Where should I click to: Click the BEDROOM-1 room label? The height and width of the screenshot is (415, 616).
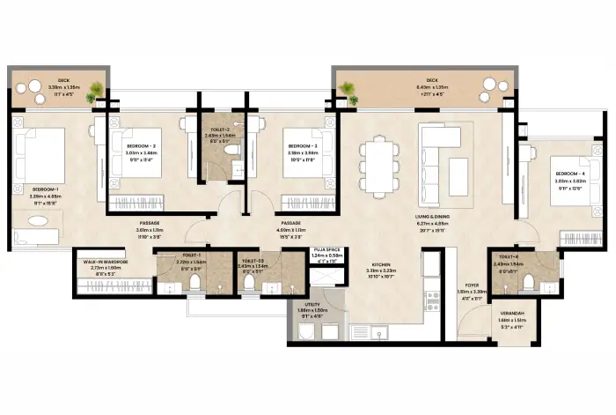coord(46,189)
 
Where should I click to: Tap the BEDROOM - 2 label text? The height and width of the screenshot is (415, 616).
coord(141,145)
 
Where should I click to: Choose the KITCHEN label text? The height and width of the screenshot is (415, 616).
coord(380,264)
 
